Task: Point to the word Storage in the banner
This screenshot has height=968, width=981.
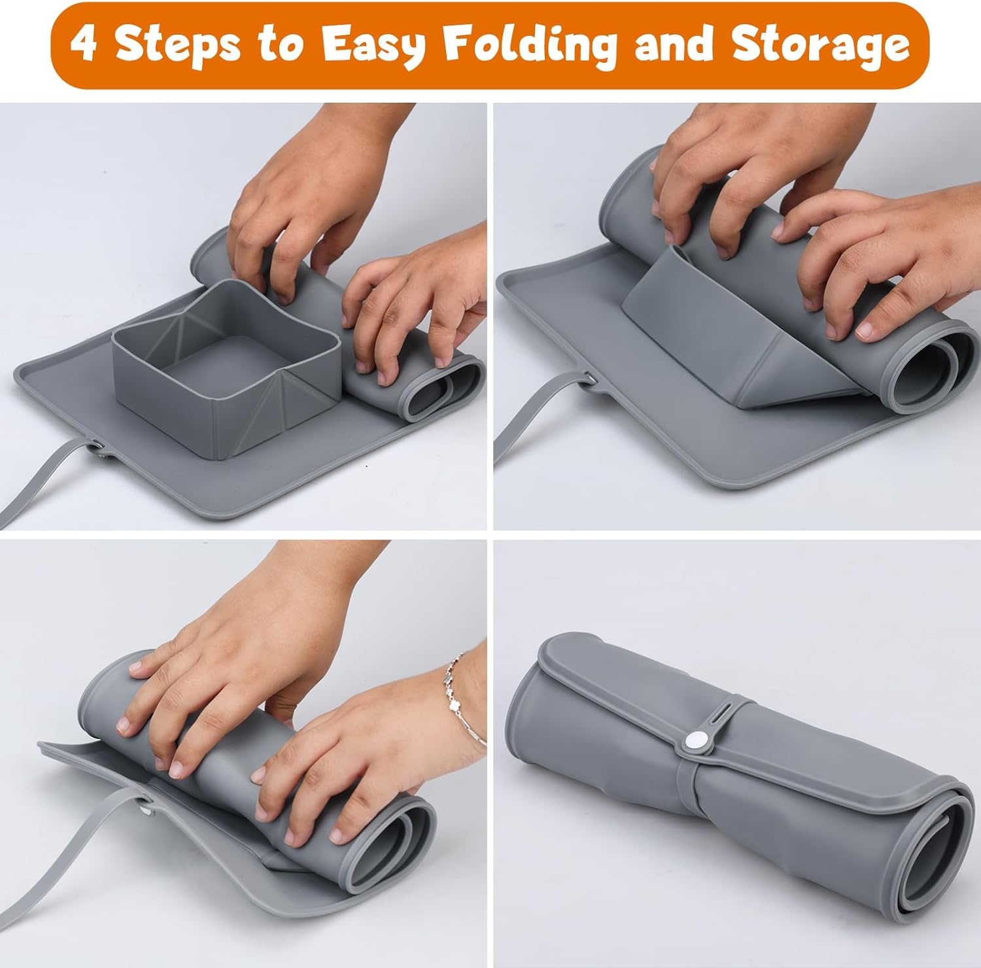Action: tap(821, 44)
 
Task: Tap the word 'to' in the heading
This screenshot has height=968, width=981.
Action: tap(283, 44)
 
